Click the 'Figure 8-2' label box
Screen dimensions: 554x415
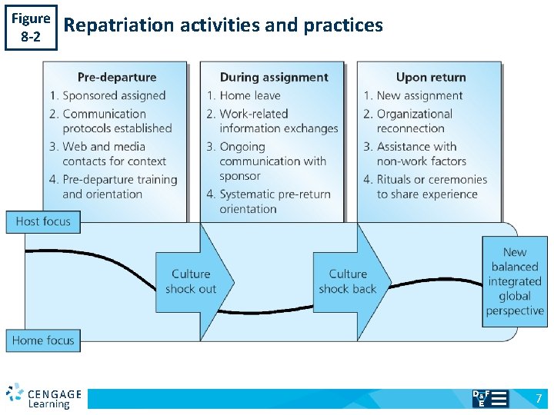31,27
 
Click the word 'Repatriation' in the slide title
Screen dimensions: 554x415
120,25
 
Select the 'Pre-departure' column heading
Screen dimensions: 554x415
117,77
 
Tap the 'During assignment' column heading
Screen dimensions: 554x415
274,77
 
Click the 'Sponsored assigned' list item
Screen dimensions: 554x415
114,95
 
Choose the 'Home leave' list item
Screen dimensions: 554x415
249,95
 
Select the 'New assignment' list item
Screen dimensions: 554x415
419,95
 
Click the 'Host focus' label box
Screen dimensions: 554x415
43,221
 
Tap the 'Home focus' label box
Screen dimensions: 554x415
43,340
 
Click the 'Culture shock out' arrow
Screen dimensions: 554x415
192,281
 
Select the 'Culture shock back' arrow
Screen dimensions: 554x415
349,281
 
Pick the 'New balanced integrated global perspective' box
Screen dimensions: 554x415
515,281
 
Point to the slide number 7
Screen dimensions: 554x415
539,398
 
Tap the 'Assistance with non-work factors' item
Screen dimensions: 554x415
422,154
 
